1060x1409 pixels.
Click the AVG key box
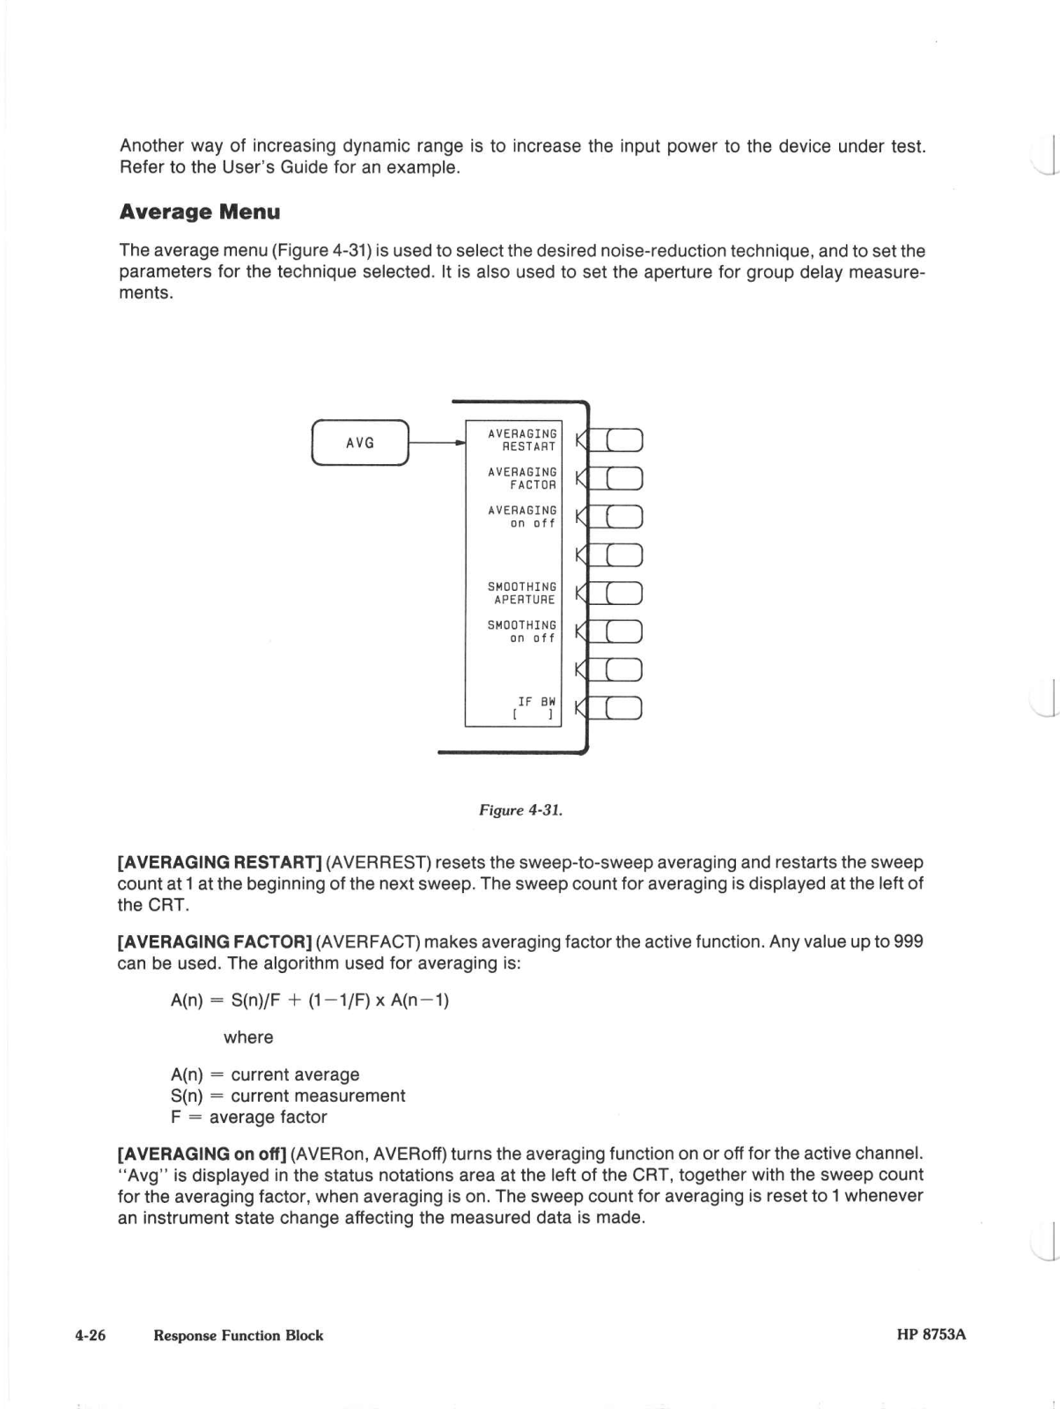[x=360, y=443]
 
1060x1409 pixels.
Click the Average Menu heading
[x=200, y=212]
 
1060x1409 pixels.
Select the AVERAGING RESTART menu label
[x=522, y=440]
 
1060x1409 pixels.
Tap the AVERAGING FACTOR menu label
[x=522, y=478]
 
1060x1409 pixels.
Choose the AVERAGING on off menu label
[x=522, y=517]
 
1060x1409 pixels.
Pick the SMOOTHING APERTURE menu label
[x=522, y=593]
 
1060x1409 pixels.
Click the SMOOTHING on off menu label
[x=522, y=631]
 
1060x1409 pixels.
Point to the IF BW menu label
[x=535, y=708]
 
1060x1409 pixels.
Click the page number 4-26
[x=90, y=1335]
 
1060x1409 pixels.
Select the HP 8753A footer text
[x=931, y=1334]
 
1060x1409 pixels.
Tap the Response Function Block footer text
[x=238, y=1335]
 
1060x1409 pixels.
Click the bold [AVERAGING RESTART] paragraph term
[x=219, y=862]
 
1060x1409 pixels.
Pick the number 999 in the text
[x=908, y=941]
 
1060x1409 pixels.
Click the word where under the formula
[x=248, y=1037]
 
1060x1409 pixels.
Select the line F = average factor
[x=248, y=1117]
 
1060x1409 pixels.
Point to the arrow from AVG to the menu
[x=436, y=443]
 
